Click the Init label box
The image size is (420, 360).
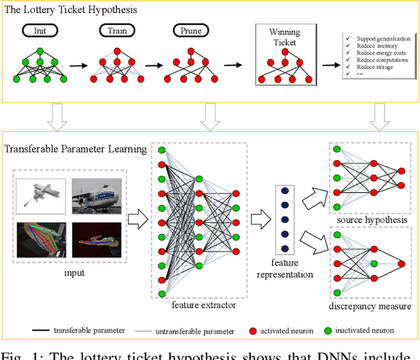point(40,30)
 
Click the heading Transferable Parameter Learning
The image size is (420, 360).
point(75,149)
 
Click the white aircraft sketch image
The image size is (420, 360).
point(41,195)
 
